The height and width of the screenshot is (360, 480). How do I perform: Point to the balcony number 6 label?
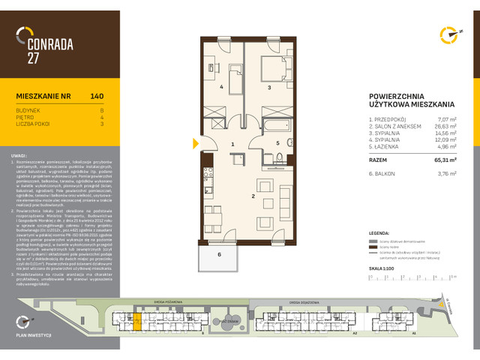220,255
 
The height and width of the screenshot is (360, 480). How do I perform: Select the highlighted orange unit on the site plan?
136,322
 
